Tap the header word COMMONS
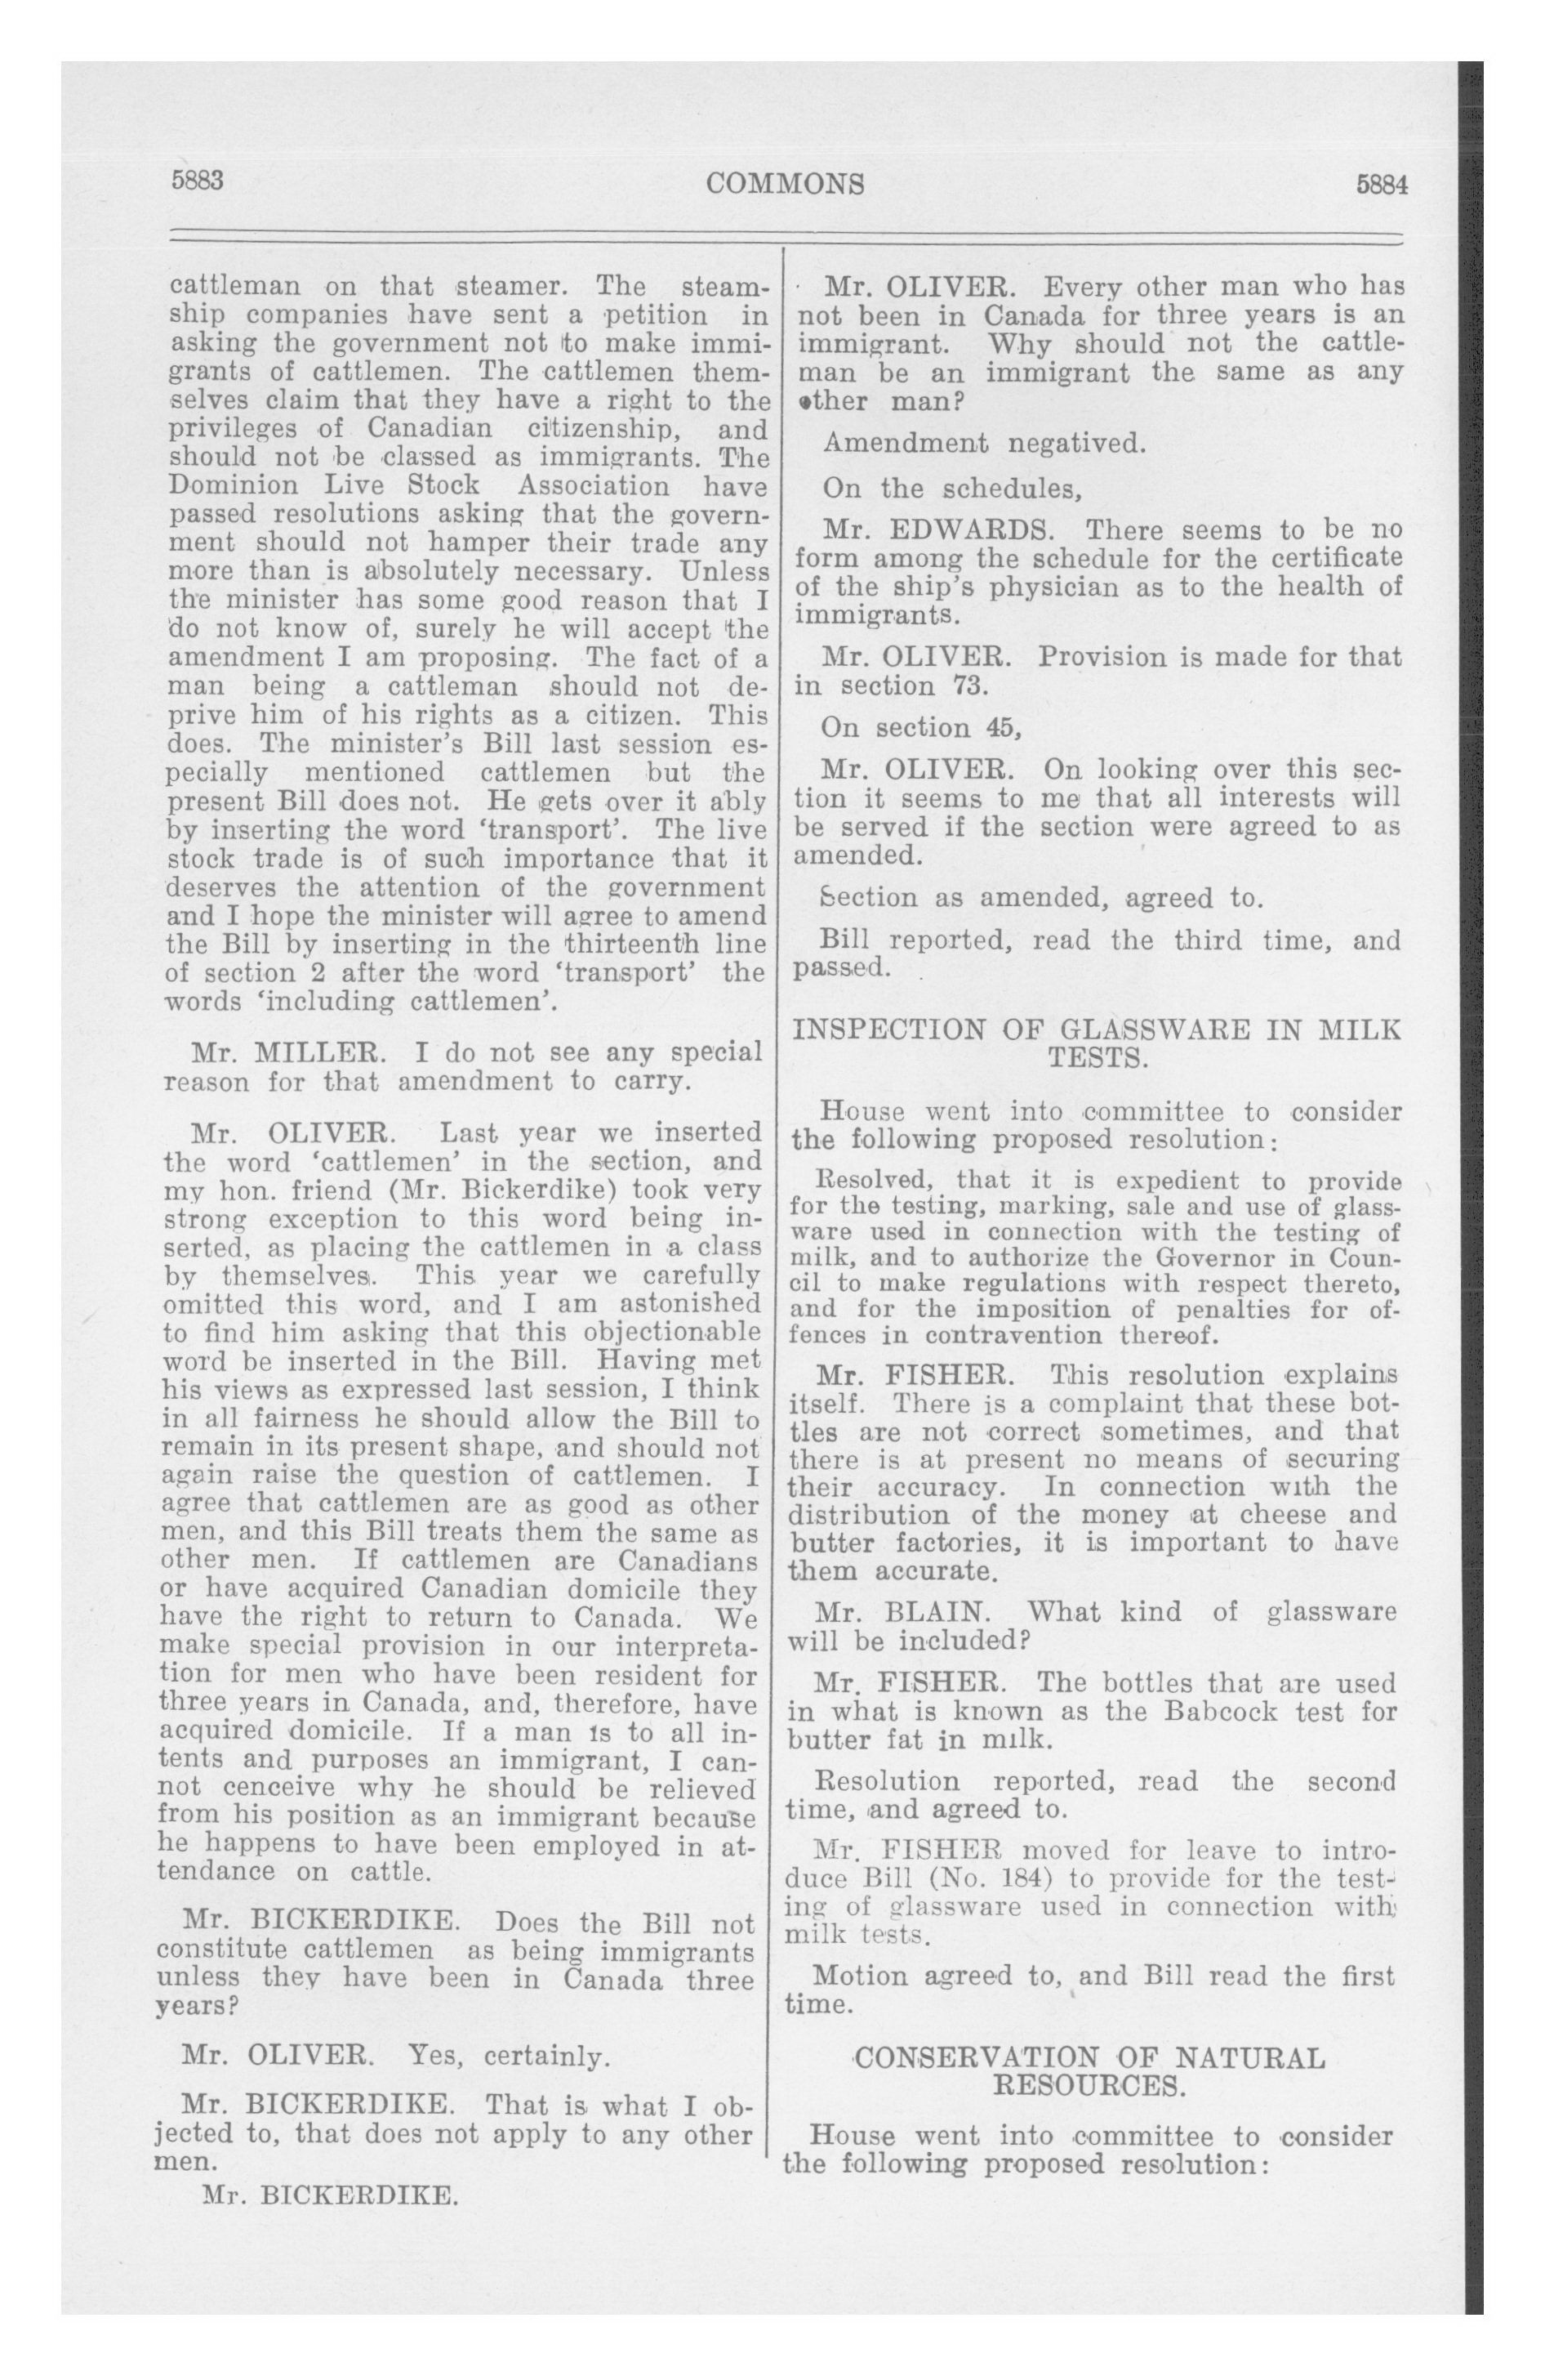[785, 184]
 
